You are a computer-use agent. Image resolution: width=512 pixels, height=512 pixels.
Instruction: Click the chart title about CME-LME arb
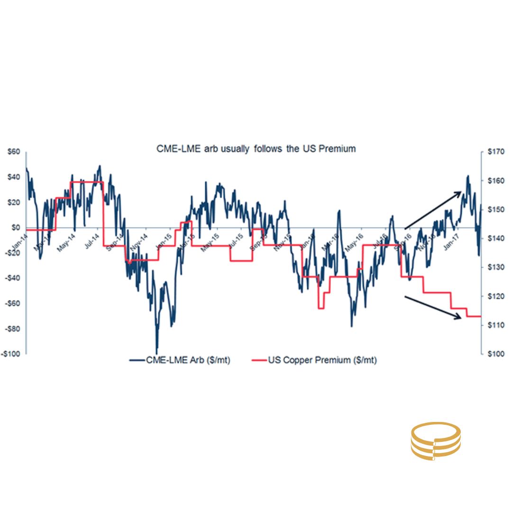[x=256, y=149]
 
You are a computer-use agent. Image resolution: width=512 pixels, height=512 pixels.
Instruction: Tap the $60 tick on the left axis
[x=13, y=152]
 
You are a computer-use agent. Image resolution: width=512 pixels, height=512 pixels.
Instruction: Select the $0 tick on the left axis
[x=15, y=228]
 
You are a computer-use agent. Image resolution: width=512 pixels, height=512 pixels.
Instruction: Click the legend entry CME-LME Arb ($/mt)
[x=180, y=360]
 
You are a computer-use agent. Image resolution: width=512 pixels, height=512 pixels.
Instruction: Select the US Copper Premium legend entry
[x=313, y=360]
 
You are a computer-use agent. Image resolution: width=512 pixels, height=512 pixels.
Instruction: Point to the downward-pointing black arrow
[x=433, y=307]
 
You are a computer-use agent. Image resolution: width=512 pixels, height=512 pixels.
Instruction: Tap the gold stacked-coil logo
[x=435, y=441]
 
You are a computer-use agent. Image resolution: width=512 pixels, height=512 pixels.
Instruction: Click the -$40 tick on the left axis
[x=13, y=278]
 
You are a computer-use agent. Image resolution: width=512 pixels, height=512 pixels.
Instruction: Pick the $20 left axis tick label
[x=13, y=203]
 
